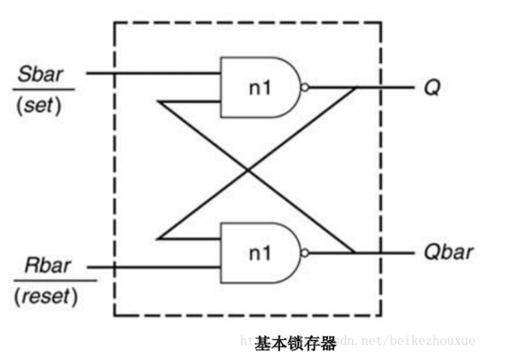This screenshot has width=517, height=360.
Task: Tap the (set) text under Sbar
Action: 38,105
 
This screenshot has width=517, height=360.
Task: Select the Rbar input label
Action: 47,266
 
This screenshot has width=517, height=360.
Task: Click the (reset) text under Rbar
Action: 46,295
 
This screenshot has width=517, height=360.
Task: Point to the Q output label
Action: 431,88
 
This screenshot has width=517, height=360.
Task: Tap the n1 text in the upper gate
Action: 259,87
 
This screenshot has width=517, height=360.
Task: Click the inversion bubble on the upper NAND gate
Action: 304,88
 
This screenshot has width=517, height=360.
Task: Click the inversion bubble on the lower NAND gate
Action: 304,253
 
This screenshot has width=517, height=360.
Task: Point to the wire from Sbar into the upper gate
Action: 150,73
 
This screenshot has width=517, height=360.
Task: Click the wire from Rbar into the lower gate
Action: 150,266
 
